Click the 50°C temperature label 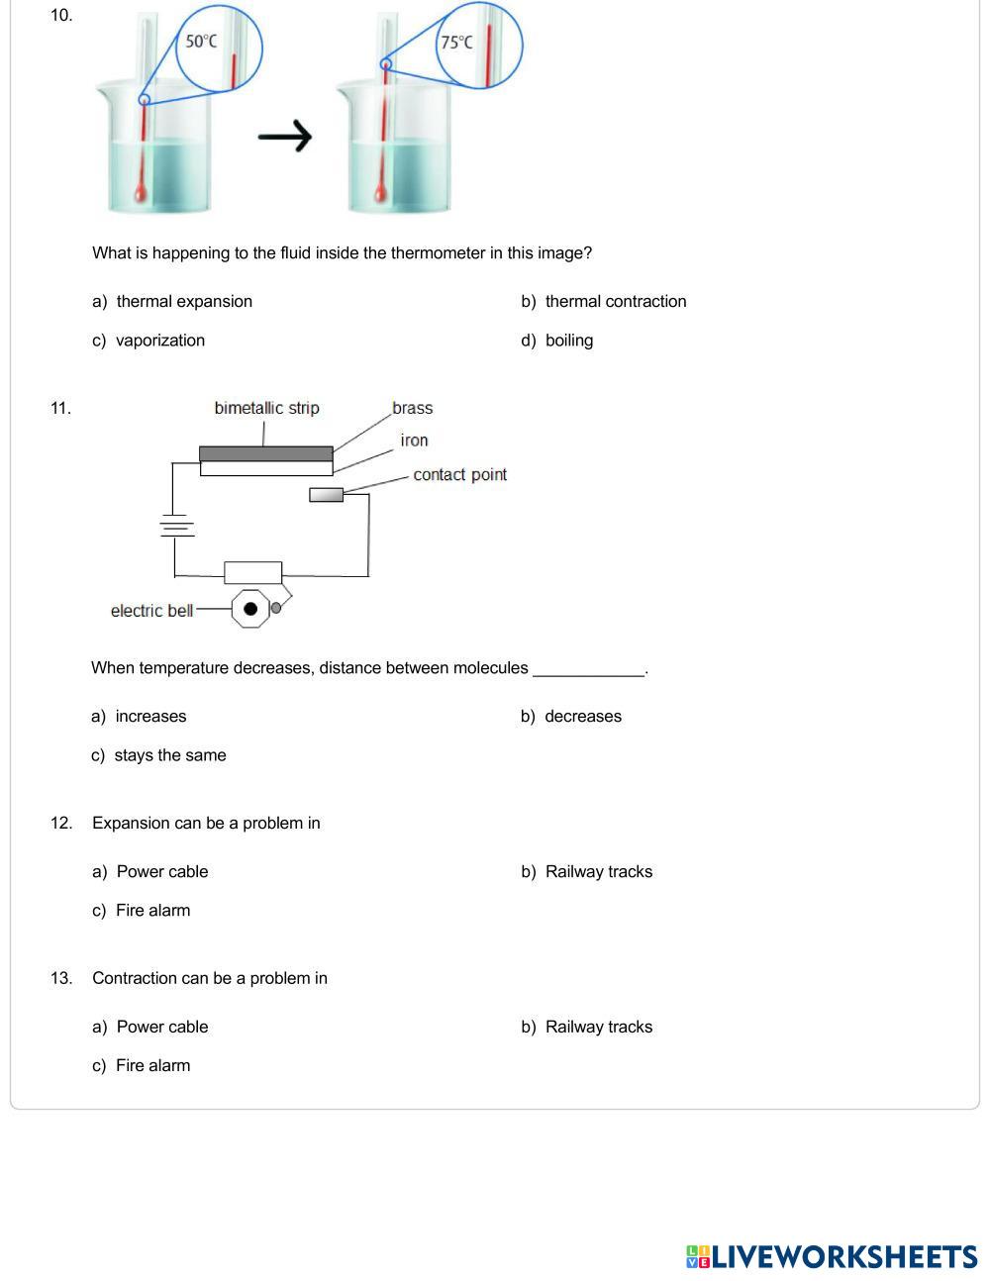[x=201, y=42]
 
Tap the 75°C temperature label [x=456, y=43]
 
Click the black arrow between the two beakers [x=285, y=137]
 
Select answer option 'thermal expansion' [x=184, y=301]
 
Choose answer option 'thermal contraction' [x=615, y=301]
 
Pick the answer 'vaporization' [x=160, y=340]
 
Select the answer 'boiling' [x=568, y=340]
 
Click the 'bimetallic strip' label [x=266, y=408]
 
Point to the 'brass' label [x=412, y=408]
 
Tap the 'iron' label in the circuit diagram [x=414, y=441]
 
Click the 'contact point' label [x=459, y=474]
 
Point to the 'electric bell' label [x=151, y=610]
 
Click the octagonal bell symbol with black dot [x=250, y=609]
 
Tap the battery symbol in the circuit [x=176, y=526]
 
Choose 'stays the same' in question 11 [x=170, y=754]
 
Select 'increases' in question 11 [x=150, y=716]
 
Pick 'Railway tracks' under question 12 [x=598, y=871]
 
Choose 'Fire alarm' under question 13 [x=152, y=1065]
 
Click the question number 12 [x=61, y=823]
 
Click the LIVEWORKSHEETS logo [x=832, y=1256]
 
